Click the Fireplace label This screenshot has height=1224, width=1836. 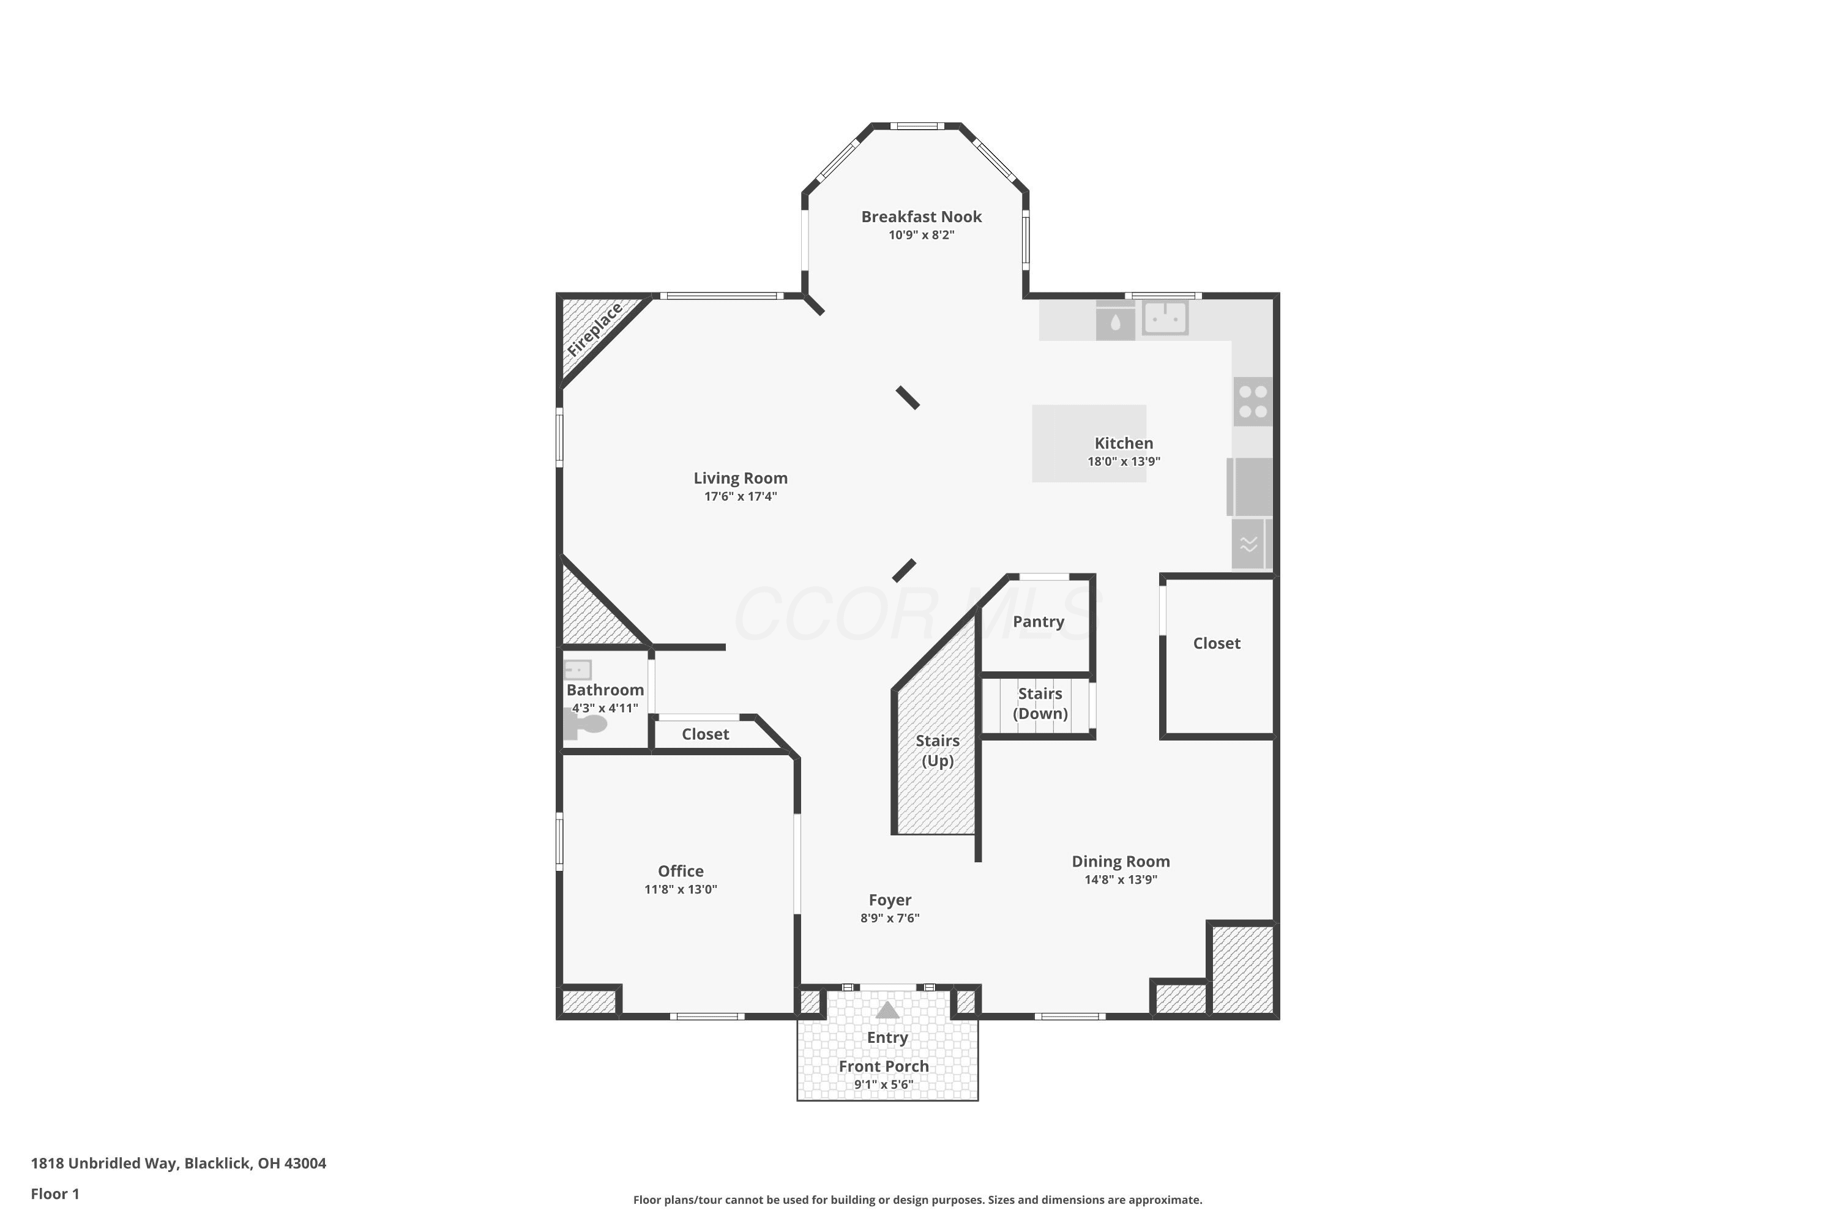coord(595,329)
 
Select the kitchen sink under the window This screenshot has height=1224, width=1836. coord(1165,318)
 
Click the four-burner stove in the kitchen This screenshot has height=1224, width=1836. coord(1253,402)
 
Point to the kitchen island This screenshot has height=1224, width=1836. coord(1089,443)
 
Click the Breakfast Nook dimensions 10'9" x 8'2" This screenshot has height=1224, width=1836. coord(921,235)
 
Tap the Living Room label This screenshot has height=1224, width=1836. coord(741,478)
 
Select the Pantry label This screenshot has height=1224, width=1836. coord(1038,621)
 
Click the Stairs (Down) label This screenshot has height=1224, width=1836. coord(1040,703)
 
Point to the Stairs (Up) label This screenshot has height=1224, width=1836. coord(938,751)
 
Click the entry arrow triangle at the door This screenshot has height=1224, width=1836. coord(887,1010)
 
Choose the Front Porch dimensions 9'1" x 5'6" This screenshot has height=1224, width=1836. coord(884,1084)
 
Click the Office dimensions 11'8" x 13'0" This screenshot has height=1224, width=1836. coord(681,889)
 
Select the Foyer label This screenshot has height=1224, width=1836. coord(890,900)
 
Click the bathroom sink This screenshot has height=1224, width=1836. coord(578,670)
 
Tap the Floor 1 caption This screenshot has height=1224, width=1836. coord(54,1193)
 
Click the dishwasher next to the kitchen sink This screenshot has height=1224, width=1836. coord(1116,321)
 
